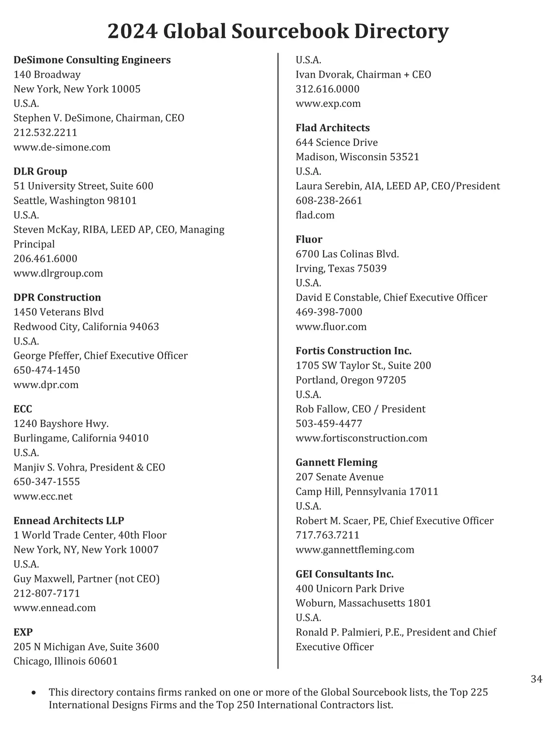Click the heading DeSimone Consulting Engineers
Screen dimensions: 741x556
click(92, 60)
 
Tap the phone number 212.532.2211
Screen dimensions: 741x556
click(45, 132)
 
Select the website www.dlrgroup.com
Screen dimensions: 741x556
click(58, 273)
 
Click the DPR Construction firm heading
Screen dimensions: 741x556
click(57, 297)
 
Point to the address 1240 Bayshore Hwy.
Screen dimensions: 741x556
click(61, 424)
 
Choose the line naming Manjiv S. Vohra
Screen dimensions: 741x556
click(89, 467)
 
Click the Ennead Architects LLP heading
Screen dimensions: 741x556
click(69, 521)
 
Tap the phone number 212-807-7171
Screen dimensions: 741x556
click(47, 593)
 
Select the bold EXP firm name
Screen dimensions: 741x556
click(23, 632)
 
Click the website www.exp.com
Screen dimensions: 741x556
click(328, 103)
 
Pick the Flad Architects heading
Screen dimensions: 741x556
click(333, 128)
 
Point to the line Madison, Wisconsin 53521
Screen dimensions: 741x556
click(357, 157)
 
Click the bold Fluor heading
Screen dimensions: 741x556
click(309, 239)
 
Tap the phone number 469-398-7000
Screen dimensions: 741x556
click(329, 312)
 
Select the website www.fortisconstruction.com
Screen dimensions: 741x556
click(361, 438)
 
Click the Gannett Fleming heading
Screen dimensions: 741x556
click(336, 462)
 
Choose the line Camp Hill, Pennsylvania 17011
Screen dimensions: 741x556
click(367, 491)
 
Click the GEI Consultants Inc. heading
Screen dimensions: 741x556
click(345, 574)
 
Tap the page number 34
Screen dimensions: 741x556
click(537, 679)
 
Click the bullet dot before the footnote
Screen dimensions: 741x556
click(33, 693)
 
